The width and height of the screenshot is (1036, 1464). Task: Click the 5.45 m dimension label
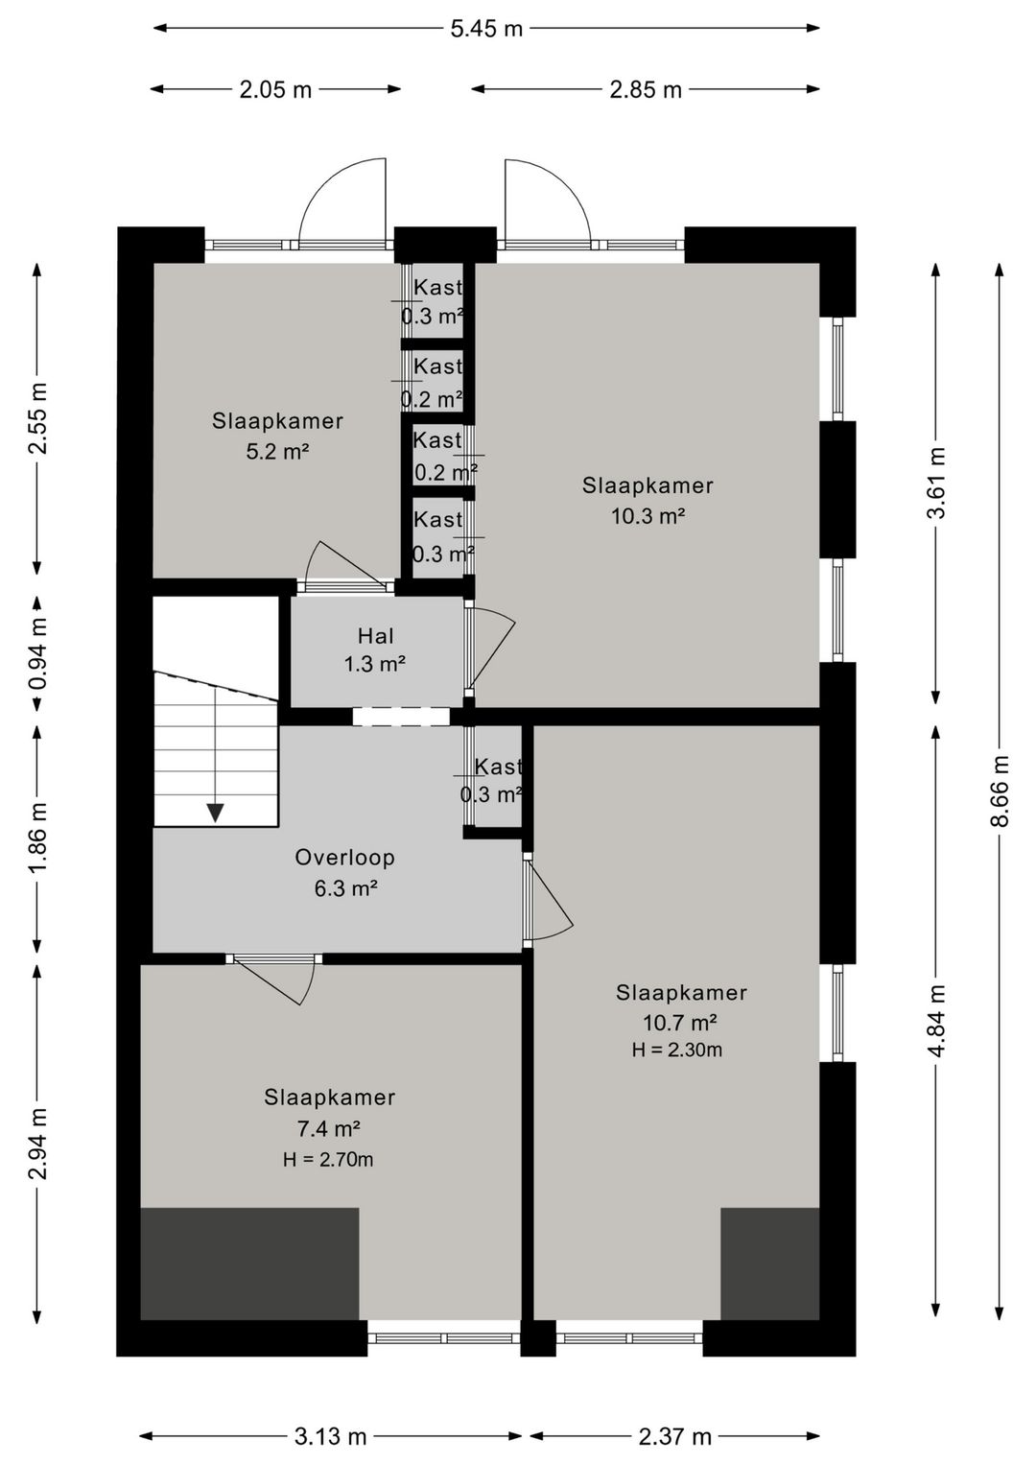point(486,30)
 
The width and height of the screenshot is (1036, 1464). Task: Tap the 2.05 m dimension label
point(275,89)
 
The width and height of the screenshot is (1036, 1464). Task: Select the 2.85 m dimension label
point(646,89)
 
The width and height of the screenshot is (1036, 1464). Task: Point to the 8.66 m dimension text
point(1000,791)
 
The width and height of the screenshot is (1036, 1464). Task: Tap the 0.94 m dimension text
point(38,654)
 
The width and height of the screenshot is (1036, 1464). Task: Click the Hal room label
point(376,635)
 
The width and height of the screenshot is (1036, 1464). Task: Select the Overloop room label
point(344,857)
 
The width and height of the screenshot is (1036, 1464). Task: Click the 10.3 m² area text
point(647,516)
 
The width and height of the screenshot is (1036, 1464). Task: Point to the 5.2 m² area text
point(277,452)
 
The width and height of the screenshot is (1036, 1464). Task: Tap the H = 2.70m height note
point(328,1160)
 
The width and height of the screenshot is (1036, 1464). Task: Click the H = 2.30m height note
point(676,1050)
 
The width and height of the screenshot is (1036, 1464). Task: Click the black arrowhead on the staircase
point(215,813)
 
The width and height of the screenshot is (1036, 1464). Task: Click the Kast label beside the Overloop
point(498,766)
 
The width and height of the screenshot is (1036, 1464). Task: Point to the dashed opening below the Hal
point(401,717)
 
